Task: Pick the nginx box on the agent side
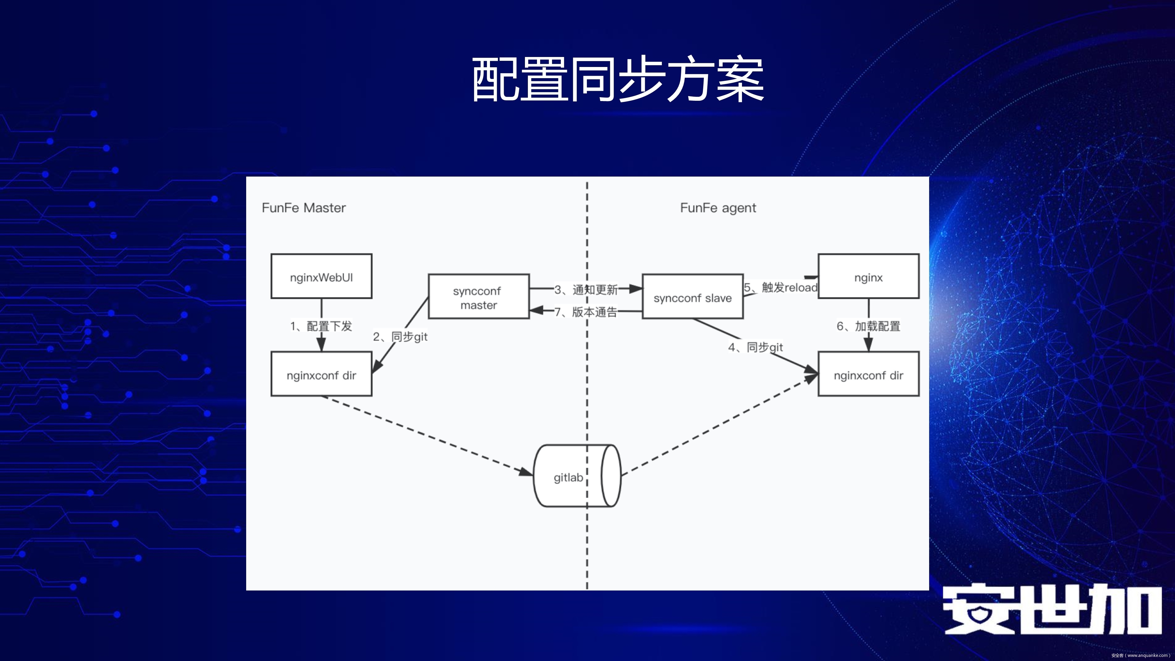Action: pyautogui.click(x=868, y=276)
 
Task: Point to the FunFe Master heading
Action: pyautogui.click(x=304, y=208)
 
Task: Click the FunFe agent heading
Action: pyautogui.click(x=718, y=208)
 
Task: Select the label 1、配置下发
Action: pyautogui.click(x=321, y=326)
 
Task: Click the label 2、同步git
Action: pyautogui.click(x=400, y=337)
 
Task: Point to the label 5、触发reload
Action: pyautogui.click(x=780, y=287)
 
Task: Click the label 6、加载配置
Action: pyautogui.click(x=868, y=326)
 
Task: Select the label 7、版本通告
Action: pyautogui.click(x=586, y=312)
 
